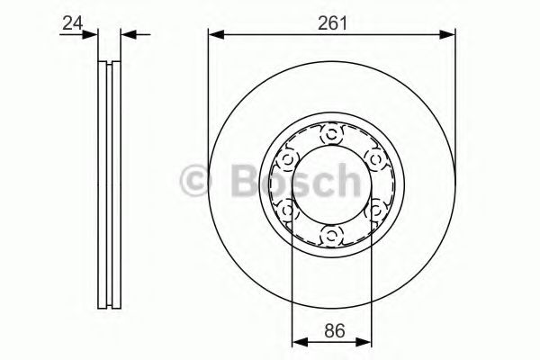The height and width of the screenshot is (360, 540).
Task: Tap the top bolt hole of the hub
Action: click(331, 135)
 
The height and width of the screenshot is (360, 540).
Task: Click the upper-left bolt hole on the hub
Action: click(287, 160)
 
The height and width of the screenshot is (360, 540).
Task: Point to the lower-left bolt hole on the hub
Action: click(287, 211)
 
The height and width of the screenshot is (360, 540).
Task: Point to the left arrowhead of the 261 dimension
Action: click(213, 35)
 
